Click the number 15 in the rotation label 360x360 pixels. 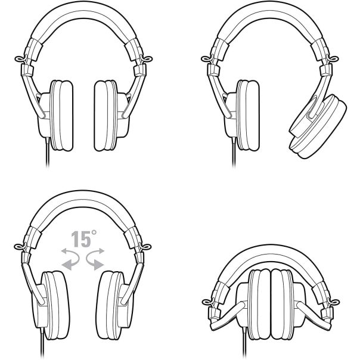[x=81, y=239]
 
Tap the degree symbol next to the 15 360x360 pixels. [x=94, y=232]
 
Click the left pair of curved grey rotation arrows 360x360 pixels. [x=70, y=259]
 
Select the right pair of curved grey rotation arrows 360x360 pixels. [x=95, y=259]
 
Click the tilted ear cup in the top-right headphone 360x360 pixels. [x=318, y=126]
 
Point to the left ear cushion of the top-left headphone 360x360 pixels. [x=61, y=116]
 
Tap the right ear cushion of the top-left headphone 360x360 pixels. [x=106, y=116]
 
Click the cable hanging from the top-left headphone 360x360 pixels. [x=48, y=152]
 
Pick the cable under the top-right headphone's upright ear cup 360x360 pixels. [x=234, y=152]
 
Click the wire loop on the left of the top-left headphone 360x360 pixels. [x=21, y=59]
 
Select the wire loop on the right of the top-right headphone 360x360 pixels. [x=333, y=59]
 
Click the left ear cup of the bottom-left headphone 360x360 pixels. [x=51, y=305]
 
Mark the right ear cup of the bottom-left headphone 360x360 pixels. [x=115, y=305]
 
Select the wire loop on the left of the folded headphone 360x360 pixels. [x=208, y=302]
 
